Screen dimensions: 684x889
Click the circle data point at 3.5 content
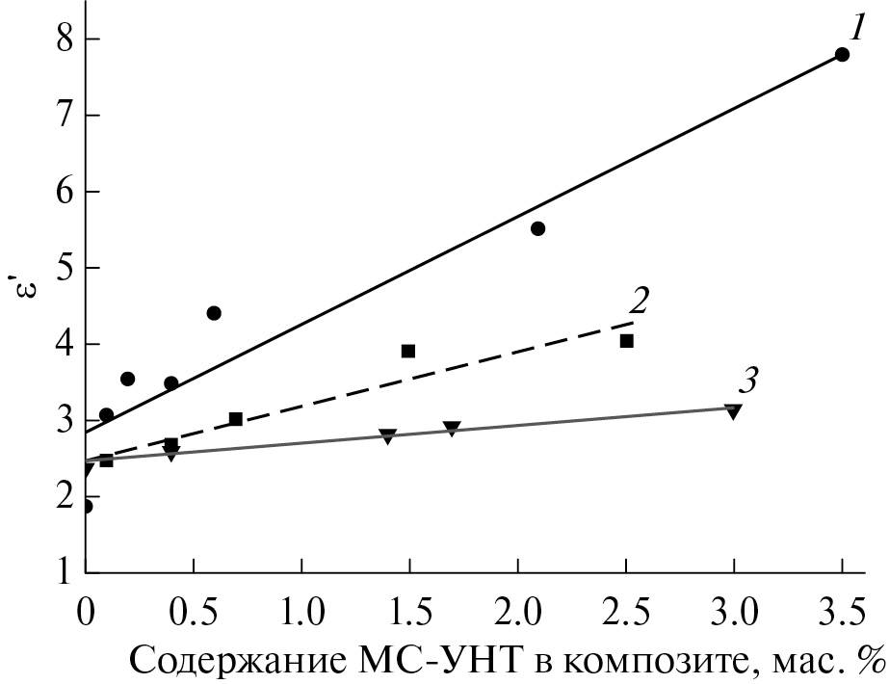(842, 55)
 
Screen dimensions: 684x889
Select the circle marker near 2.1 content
(538, 228)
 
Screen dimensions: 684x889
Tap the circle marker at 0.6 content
(214, 313)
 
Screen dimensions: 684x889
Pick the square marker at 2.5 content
(626, 341)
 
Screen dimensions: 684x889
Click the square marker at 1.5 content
(408, 351)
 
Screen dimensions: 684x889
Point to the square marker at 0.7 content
(235, 419)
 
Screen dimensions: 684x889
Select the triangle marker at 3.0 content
(733, 412)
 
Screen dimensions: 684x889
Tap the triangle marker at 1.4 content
(387, 436)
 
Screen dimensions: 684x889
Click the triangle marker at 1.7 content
(452, 429)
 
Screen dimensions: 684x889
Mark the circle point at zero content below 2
(86, 506)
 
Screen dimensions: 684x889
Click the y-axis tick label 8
(65, 39)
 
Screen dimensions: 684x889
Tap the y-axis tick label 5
(65, 268)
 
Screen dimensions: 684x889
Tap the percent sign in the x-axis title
(871, 661)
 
